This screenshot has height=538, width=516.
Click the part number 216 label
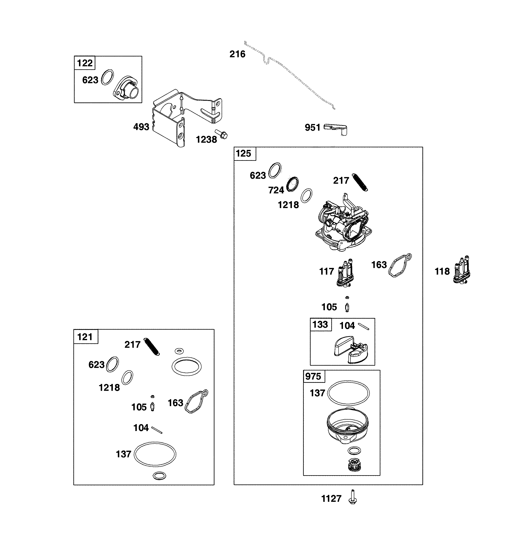point(237,54)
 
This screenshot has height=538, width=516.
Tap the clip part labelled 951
point(336,129)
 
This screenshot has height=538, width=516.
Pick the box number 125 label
point(243,153)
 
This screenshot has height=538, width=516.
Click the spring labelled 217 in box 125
point(360,182)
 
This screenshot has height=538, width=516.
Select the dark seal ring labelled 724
point(292,184)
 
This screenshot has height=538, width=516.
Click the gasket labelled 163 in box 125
point(400,265)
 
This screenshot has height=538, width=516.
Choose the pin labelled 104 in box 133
point(363,326)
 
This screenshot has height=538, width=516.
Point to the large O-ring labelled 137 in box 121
point(155,454)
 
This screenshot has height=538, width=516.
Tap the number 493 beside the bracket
point(141,127)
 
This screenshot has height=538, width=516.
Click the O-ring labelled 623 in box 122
point(107,77)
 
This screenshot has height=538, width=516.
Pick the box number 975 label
point(313,376)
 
